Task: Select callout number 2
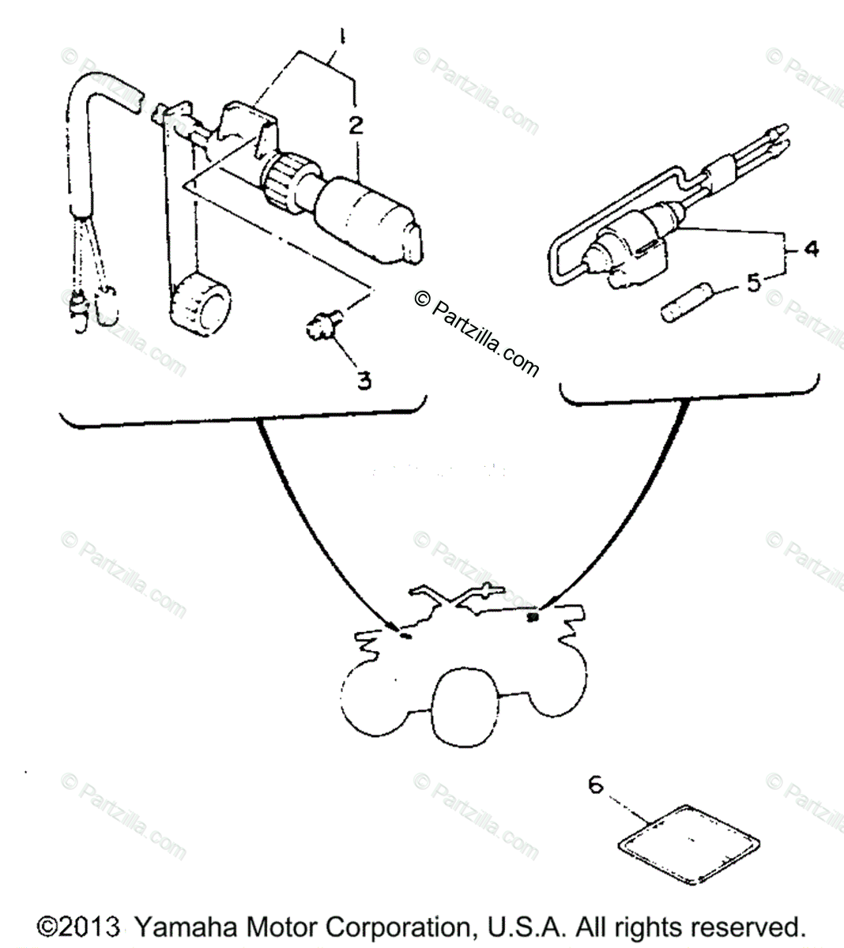[x=357, y=124]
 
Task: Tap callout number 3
[x=363, y=380]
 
